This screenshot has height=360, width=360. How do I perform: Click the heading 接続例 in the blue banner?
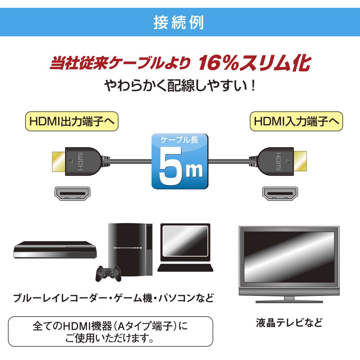pos(179,22)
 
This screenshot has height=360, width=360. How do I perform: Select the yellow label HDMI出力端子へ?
pos(72,121)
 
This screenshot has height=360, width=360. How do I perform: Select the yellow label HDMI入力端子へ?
pos(296,121)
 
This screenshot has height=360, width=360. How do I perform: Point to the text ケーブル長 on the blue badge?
pos(179,140)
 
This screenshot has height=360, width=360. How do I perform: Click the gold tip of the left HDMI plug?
pos(59,161)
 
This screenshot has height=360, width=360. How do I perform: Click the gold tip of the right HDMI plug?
pos(300,161)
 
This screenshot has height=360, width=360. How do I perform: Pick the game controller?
pos(108,273)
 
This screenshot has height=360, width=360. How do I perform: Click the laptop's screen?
pos(185,241)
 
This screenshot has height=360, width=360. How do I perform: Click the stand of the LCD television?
pos(289,300)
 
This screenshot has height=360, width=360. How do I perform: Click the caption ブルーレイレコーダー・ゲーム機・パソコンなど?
pos(113,298)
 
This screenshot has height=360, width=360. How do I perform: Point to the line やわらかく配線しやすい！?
pos(180,86)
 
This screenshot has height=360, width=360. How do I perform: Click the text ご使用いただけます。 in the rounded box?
pos(109,338)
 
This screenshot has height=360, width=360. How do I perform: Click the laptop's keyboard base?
pos(185,268)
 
